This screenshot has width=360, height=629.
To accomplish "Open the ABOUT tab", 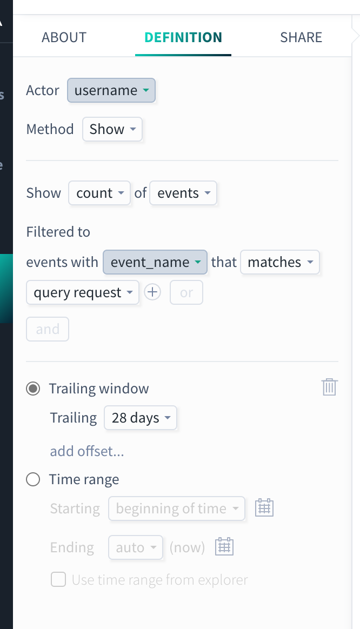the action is (x=64, y=37).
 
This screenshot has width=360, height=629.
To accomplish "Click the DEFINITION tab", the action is (x=183, y=37).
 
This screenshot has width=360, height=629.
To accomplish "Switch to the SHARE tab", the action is (x=301, y=37).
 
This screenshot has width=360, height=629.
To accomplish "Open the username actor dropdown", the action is (x=111, y=90).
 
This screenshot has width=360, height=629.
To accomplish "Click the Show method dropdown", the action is (x=112, y=129).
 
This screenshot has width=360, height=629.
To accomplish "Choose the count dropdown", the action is (x=99, y=193).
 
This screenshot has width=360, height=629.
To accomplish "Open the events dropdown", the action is (x=183, y=193).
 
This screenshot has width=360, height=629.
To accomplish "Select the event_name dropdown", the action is (x=155, y=262).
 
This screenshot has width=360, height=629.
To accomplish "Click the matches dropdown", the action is (x=280, y=262).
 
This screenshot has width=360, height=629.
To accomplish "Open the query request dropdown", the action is (x=83, y=292).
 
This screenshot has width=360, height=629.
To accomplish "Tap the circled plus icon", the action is (x=152, y=292).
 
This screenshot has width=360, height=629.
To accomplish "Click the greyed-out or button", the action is (x=186, y=292).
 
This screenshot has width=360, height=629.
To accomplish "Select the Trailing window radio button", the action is (x=33, y=389).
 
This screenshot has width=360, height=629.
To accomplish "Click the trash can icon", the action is (x=330, y=387).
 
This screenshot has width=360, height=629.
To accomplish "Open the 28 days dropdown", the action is (x=141, y=418).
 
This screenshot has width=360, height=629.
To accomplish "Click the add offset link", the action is (x=87, y=451).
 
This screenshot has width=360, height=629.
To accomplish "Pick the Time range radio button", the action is (x=33, y=479).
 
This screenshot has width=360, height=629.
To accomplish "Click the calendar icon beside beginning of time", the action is (x=264, y=508).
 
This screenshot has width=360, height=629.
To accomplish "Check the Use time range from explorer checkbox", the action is (x=58, y=580).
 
